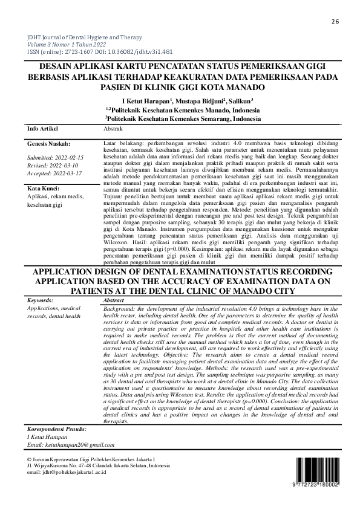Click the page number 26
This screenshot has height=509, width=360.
(x=335, y=22)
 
